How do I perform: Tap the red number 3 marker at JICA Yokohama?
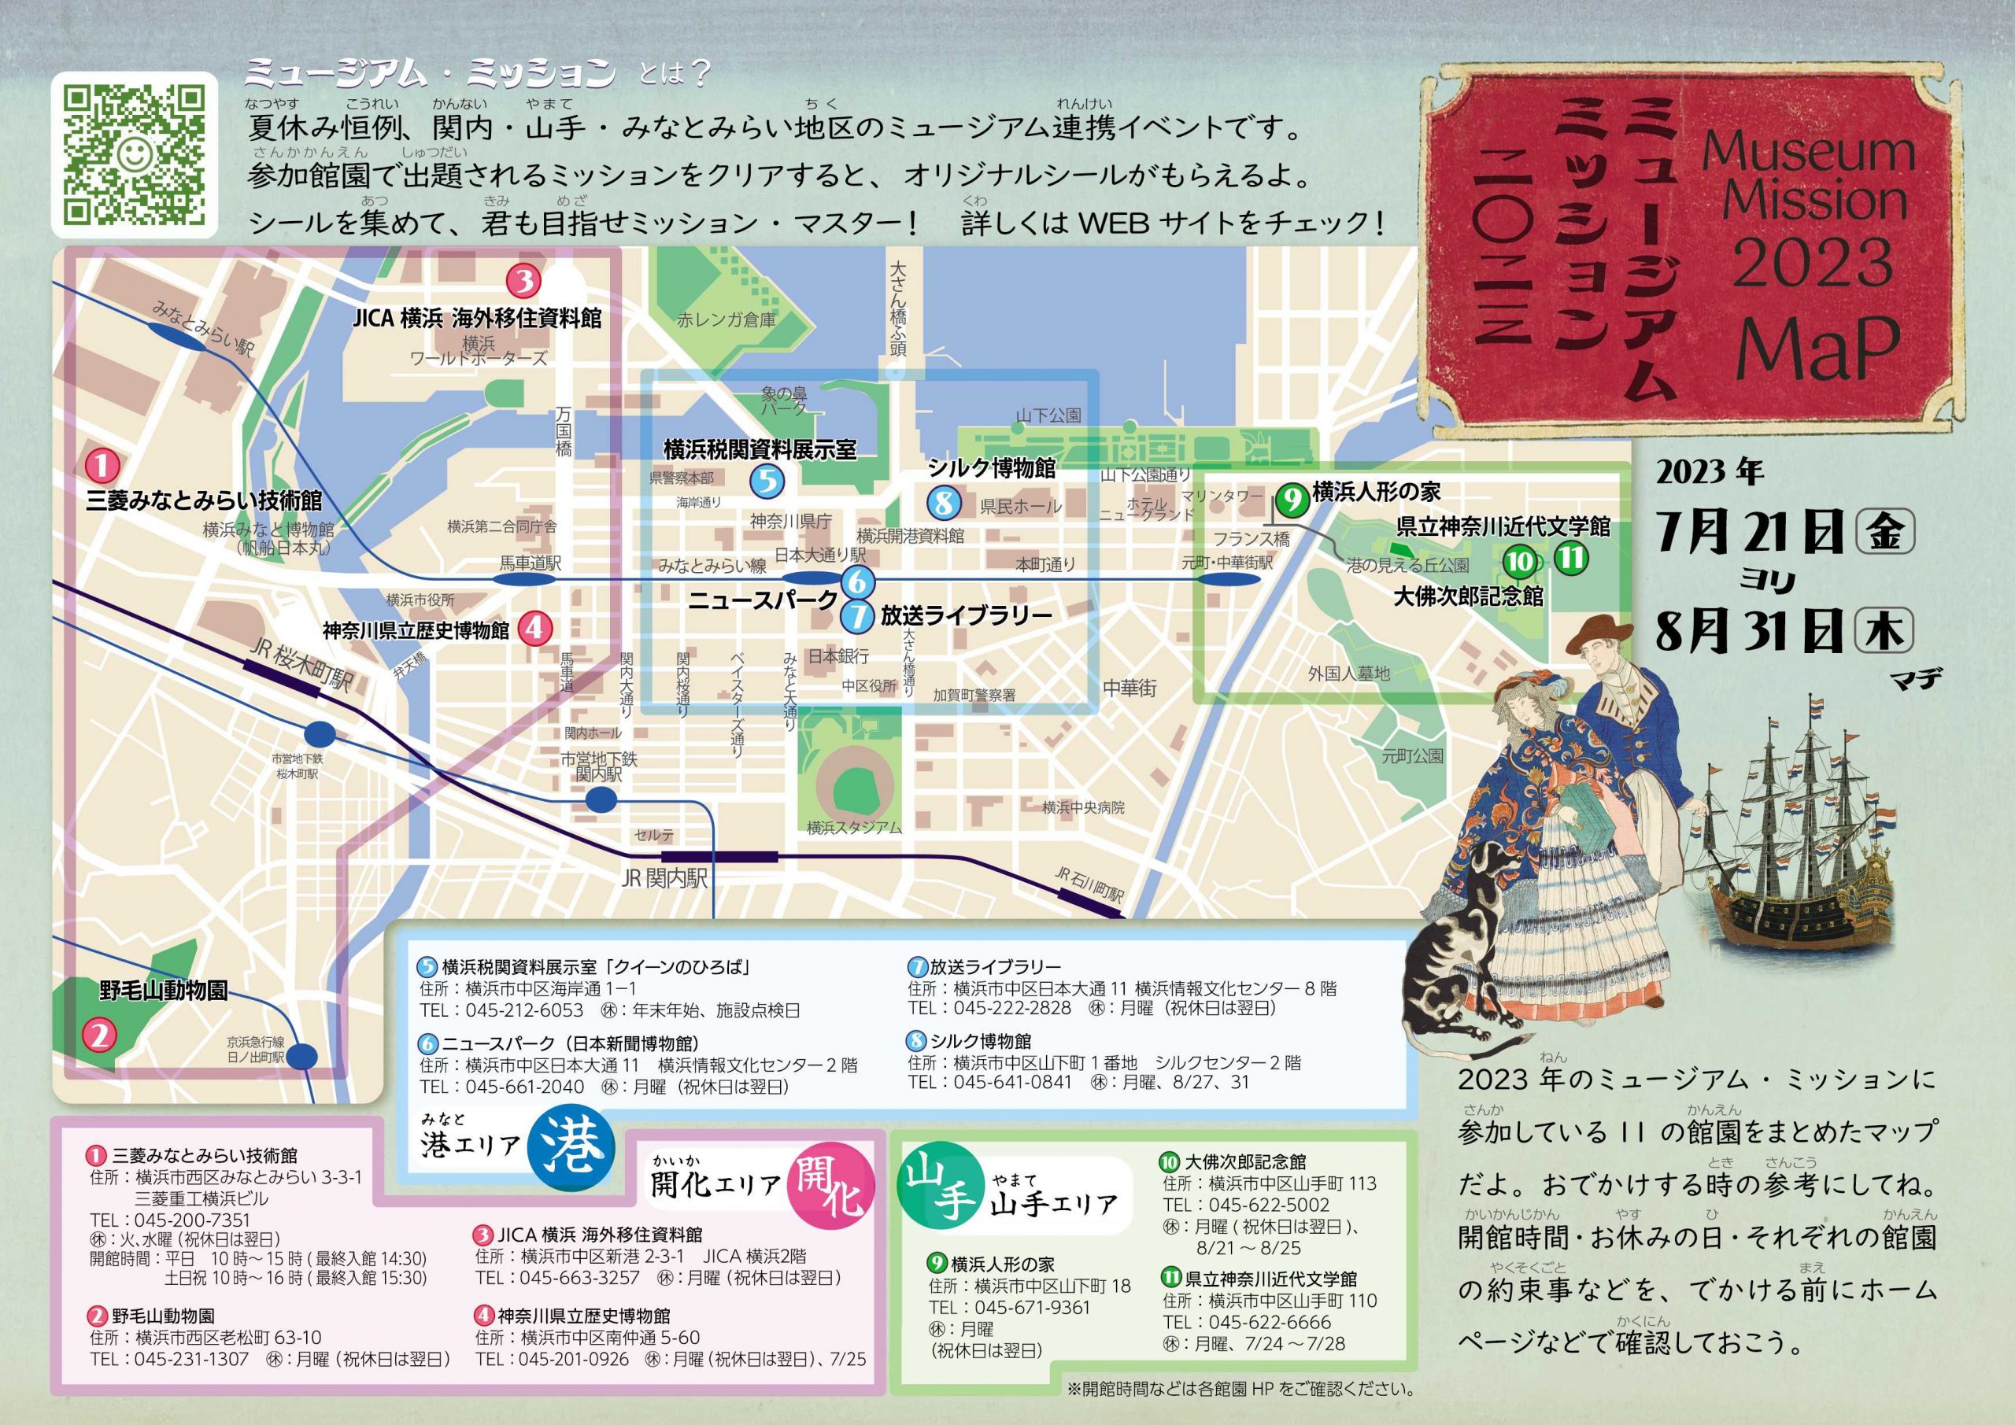point(524,282)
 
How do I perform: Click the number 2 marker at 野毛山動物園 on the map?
point(99,1036)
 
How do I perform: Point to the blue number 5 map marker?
point(767,480)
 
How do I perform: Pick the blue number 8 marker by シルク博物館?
point(944,503)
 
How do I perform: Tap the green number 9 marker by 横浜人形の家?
point(1292,500)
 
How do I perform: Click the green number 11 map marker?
point(1571,558)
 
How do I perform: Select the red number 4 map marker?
point(534,627)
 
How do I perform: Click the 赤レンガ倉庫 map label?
point(726,319)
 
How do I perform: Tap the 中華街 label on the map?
point(1130,688)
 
